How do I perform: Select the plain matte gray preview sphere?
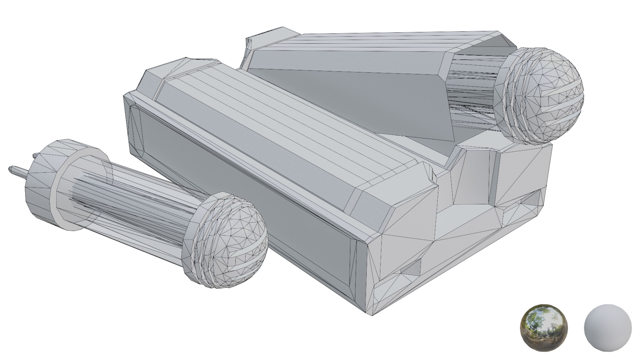click(608, 327)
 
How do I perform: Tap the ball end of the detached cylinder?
click(231, 242)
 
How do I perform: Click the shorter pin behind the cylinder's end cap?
click(35, 156)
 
